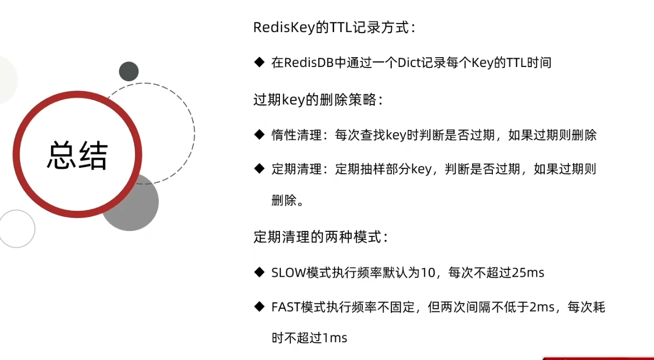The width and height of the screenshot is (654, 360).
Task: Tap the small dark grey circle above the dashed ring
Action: click(x=129, y=71)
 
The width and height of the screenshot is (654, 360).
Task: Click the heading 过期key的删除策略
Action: click(x=318, y=100)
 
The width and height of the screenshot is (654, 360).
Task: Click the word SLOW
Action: click(x=288, y=273)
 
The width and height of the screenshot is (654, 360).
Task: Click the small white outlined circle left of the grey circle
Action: click(x=17, y=229)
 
